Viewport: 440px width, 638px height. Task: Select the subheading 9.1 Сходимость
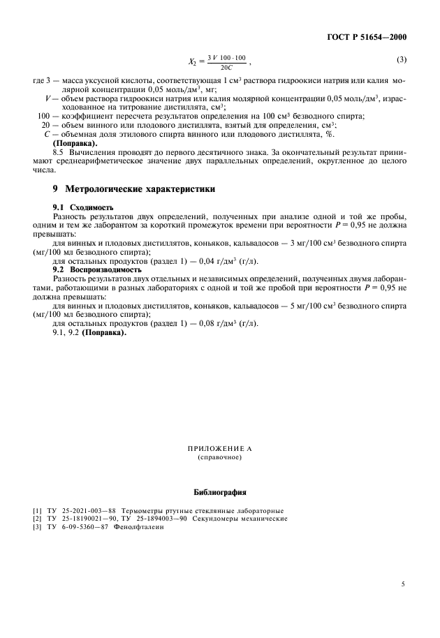83,208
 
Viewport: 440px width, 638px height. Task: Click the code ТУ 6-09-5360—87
73,528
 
